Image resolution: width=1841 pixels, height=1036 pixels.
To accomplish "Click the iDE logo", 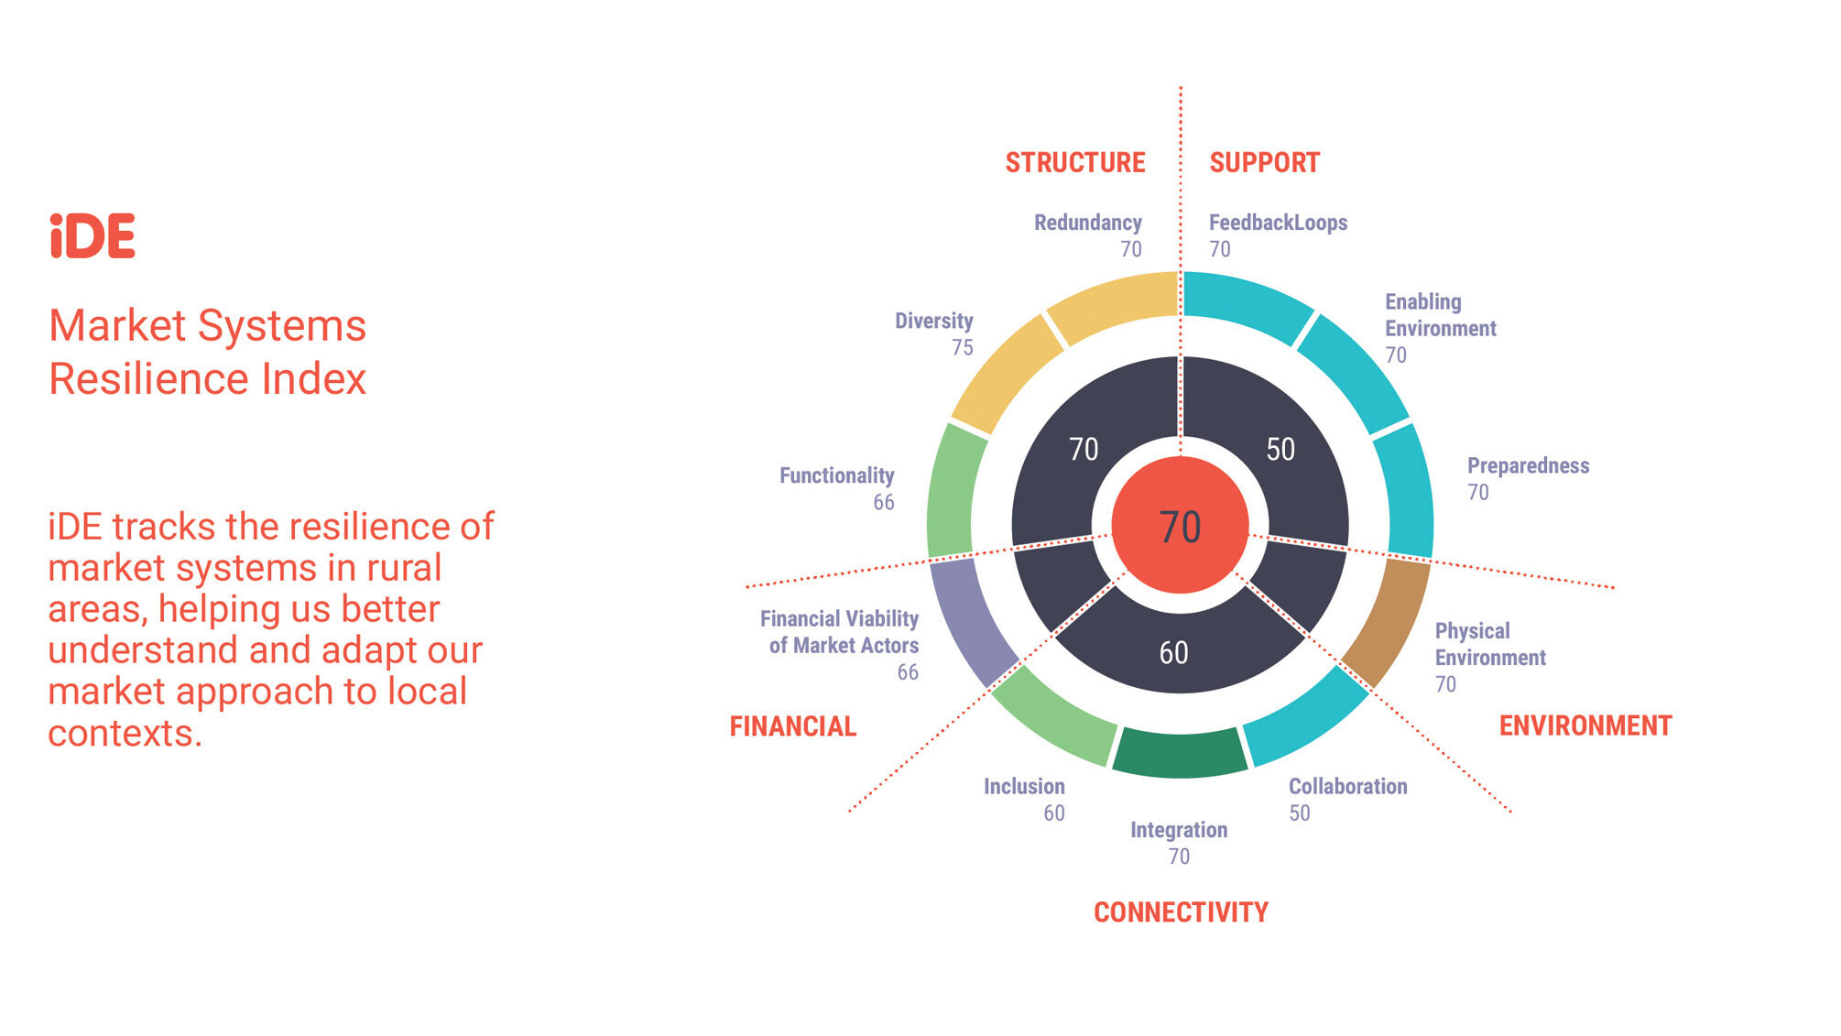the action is [93, 235].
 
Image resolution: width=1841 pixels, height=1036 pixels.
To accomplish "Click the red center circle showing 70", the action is [1180, 526].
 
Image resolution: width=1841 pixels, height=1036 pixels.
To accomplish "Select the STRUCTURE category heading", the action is [1075, 163].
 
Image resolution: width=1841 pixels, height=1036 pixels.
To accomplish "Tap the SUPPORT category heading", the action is [1265, 163].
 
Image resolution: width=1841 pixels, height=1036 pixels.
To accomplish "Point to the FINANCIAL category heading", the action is [793, 726].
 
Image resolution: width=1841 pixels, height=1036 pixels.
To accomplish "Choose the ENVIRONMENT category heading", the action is [1585, 725].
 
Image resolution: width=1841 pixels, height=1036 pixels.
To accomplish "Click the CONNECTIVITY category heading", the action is [1181, 912].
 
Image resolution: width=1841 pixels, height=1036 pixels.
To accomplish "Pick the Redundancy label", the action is [1088, 223].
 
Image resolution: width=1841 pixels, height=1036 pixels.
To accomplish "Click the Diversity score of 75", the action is [963, 348].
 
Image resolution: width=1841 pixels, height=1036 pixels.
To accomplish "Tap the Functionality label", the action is [837, 475].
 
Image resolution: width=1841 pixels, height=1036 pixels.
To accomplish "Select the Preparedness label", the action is [1529, 465].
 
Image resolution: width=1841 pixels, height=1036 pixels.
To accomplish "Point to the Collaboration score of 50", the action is [1300, 813].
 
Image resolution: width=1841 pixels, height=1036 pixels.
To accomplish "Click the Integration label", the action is [1179, 830].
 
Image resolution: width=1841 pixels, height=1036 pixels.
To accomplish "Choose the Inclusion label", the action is [1024, 787].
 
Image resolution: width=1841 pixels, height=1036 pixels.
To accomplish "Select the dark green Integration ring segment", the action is [1180, 753].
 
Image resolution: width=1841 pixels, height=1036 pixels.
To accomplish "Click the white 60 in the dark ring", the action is [1173, 653].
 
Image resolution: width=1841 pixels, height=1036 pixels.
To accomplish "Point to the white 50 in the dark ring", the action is [1280, 449].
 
